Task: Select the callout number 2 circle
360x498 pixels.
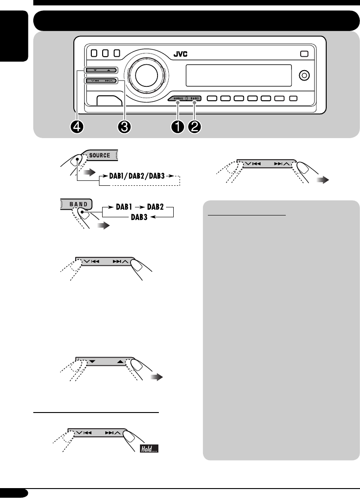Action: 195,127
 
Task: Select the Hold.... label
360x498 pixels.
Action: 149,449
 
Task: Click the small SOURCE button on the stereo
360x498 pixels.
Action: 178,98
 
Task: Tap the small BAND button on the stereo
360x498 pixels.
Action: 194,98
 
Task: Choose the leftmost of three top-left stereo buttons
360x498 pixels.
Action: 94,53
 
